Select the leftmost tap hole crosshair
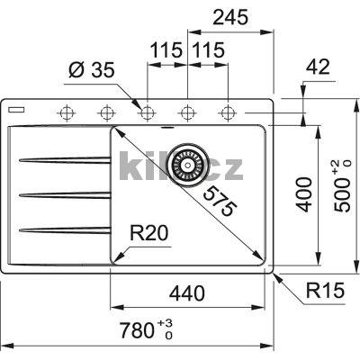66,112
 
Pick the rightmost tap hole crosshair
228,112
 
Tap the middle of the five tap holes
147,112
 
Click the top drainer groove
63,161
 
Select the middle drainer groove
63,193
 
